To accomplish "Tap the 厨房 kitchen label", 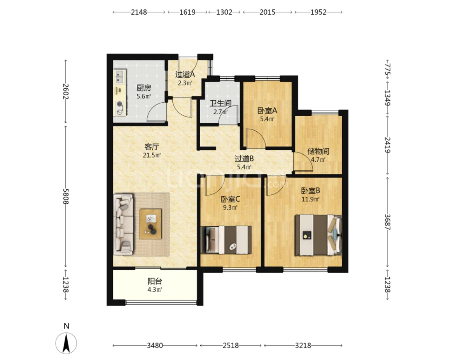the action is click(143, 87).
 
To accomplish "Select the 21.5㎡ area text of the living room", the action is click(152, 155).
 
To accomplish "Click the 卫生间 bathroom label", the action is click(220, 103).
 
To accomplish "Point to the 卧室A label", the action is click(267, 110).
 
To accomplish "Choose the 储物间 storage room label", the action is click(318, 151).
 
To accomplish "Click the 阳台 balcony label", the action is click(155, 281).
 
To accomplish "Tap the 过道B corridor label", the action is click(244, 159).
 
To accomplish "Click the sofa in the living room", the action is click(123, 225).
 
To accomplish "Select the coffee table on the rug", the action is click(150, 224).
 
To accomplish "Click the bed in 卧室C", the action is click(226, 240).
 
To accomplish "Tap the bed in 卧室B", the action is click(318, 235).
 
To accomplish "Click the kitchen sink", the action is click(119, 77).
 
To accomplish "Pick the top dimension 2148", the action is click(139, 12).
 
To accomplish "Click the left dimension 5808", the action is click(66, 196).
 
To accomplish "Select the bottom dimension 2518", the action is click(231, 346).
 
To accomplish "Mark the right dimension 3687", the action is click(387, 222).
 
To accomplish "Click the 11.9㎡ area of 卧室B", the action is click(310, 199).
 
